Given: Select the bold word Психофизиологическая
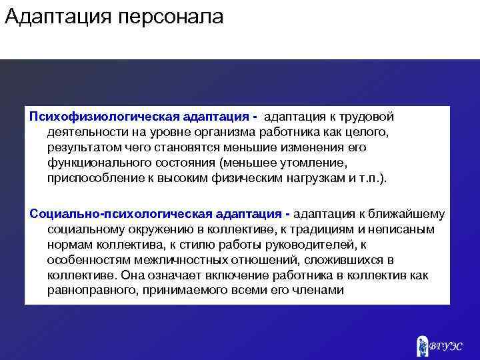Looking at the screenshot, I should point(88,117).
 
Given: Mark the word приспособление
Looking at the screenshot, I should point(91,179).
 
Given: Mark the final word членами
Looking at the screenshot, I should point(320,290).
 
